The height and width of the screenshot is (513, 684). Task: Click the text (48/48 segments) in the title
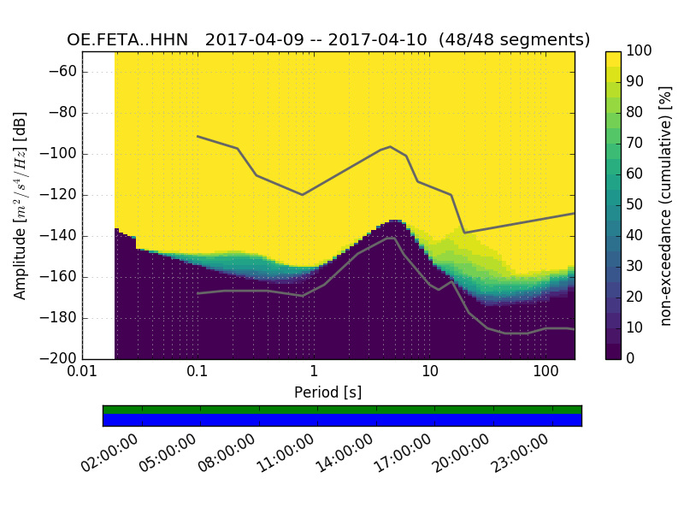coord(515,40)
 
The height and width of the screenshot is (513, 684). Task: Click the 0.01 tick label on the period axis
coord(82,373)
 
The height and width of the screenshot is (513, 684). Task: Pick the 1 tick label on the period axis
coord(314,373)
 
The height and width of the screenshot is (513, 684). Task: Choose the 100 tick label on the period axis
coord(545,373)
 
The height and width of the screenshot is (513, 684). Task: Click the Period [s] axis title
coord(327,392)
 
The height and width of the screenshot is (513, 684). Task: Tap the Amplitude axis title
coord(21,205)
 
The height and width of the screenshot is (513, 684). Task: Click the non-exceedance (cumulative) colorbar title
coord(666,205)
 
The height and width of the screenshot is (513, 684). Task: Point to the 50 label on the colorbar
coord(634,204)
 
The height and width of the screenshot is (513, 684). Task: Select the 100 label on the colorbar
coord(638,51)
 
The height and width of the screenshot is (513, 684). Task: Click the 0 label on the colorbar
coord(630,358)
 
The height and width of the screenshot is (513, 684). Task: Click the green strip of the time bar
coord(342,410)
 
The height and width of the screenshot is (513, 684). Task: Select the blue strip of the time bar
coord(342,419)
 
